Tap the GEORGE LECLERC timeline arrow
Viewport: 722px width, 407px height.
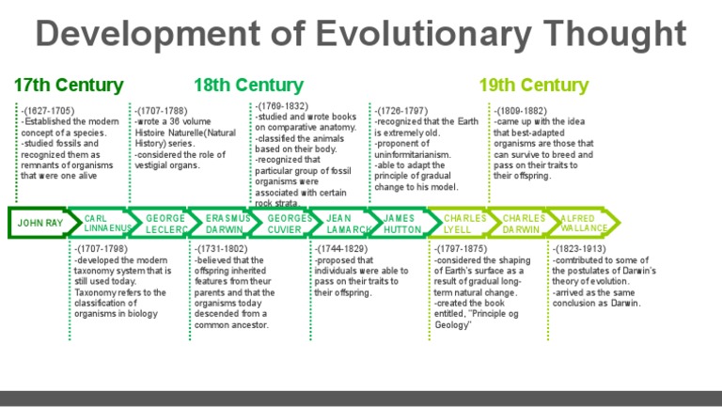point(165,224)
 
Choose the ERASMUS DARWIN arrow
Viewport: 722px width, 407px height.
point(228,224)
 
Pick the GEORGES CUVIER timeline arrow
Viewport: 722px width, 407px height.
point(290,224)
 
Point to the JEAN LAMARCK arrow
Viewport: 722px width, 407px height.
point(349,224)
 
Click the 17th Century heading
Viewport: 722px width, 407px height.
point(69,86)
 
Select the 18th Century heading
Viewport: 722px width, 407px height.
point(248,86)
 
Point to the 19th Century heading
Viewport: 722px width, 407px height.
point(533,86)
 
